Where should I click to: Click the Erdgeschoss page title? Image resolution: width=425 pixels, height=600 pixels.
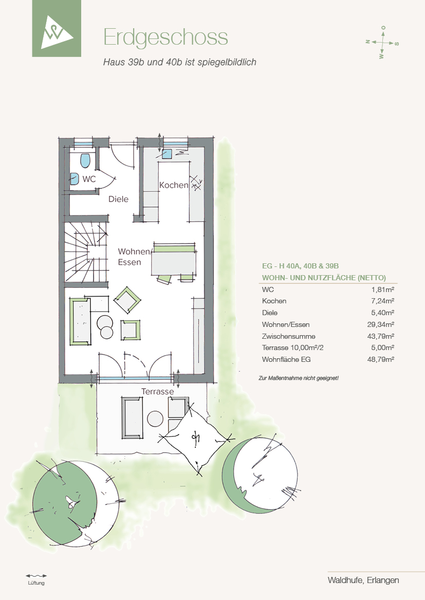(165, 38)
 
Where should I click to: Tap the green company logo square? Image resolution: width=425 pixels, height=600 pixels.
(57, 28)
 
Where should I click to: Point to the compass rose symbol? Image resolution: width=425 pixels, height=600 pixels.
(382, 42)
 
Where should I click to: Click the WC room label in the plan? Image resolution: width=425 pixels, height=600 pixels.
(89, 179)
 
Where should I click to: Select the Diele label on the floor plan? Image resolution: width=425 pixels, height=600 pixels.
(118, 199)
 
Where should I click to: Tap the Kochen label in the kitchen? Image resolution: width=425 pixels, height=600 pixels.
(174, 185)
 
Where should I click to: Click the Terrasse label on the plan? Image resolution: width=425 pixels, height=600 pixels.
(157, 392)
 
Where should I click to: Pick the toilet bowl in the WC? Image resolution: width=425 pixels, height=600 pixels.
(85, 161)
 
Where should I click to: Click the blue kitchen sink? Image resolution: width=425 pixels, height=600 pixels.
(167, 154)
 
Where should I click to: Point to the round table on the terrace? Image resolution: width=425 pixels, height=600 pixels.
(155, 419)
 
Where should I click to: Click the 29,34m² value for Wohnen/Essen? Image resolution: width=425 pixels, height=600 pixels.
(380, 324)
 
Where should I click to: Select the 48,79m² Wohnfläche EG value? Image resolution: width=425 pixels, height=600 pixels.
(380, 359)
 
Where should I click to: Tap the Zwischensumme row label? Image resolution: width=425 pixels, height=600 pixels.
(289, 336)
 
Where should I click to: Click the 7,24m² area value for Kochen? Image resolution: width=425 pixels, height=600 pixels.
(383, 301)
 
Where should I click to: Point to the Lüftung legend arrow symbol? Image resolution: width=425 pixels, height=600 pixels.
(36, 575)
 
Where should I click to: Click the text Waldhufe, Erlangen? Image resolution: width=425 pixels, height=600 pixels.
(363, 580)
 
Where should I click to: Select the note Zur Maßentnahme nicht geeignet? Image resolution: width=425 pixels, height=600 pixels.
(299, 378)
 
